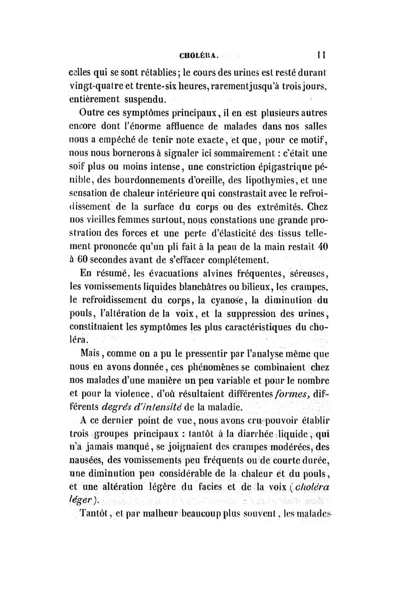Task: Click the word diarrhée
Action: [234, 434]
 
